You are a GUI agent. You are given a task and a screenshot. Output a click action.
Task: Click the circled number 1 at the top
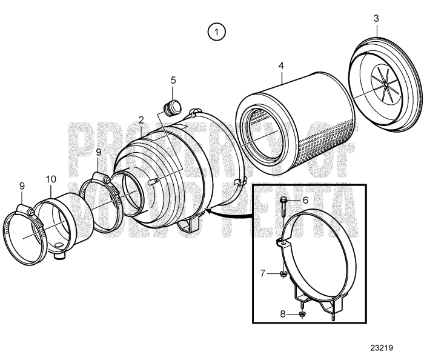[x=216, y=32]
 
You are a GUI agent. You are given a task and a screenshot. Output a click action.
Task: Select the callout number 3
[x=376, y=19]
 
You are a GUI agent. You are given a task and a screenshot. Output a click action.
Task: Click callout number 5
[x=173, y=80]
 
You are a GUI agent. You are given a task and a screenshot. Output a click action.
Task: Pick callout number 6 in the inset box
[x=305, y=200]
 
